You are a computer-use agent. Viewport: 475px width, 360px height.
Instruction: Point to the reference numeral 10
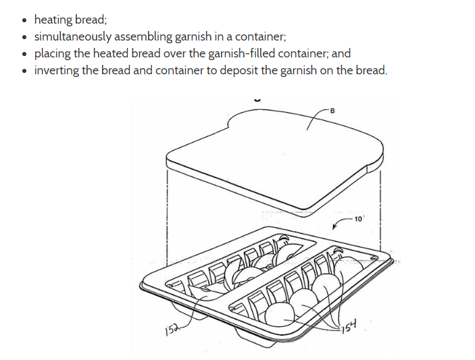(358, 219)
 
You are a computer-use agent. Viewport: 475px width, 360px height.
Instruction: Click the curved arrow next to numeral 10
(341, 223)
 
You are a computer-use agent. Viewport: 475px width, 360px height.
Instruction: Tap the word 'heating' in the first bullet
(53, 20)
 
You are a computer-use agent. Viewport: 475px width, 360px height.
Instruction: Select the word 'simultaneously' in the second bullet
(74, 36)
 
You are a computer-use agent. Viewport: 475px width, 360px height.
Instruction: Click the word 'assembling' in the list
(146, 36)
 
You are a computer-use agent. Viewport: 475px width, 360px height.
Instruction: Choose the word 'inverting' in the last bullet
(56, 70)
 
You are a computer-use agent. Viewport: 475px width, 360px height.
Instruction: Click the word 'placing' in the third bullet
(53, 53)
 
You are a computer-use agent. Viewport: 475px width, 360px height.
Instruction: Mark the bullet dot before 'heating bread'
(24, 21)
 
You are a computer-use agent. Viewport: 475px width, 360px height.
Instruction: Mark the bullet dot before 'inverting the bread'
(24, 71)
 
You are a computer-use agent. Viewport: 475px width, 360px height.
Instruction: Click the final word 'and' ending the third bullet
(341, 53)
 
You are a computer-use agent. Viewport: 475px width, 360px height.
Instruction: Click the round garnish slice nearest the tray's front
(279, 314)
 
